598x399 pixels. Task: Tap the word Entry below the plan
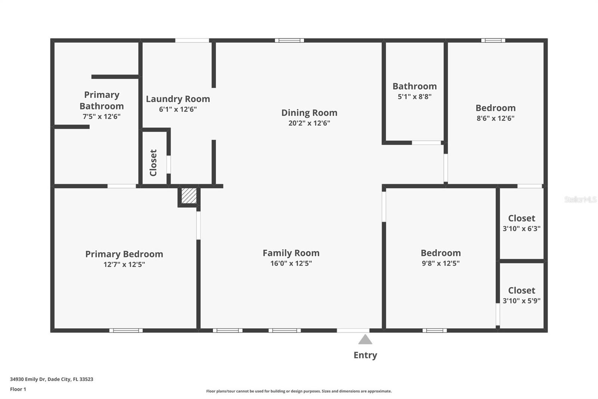[365, 355]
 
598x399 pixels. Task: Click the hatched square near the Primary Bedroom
[189, 196]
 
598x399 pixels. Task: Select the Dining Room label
[309, 113]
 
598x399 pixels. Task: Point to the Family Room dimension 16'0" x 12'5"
[291, 263]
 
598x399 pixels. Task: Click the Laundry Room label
[178, 99]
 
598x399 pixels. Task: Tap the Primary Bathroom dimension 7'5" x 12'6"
[101, 116]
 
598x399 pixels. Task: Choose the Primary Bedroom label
[124, 254]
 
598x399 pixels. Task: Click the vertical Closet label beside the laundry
[153, 162]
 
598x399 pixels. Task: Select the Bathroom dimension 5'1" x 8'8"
[414, 96]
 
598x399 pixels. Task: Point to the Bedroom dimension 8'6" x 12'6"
[496, 118]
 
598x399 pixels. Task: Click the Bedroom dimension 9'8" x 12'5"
[441, 263]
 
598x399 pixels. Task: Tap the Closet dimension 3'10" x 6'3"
[521, 228]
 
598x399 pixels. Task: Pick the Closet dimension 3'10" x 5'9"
[521, 301]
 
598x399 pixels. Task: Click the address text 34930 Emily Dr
[28, 379]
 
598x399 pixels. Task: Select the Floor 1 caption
[18, 389]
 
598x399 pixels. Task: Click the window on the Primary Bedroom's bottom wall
[126, 331]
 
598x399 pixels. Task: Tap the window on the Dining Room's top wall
[289, 40]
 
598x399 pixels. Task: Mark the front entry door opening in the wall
[353, 331]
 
